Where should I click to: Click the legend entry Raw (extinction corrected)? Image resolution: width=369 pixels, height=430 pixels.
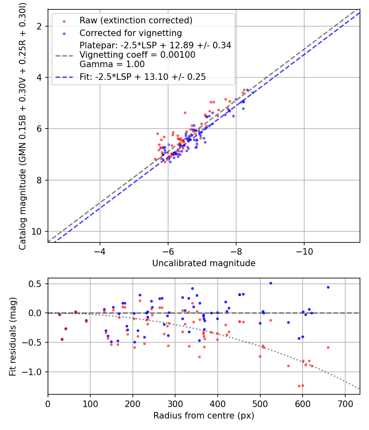click(136, 20)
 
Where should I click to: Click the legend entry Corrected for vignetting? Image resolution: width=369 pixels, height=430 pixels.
click(130, 33)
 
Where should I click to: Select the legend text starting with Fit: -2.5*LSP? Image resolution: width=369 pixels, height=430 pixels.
click(143, 77)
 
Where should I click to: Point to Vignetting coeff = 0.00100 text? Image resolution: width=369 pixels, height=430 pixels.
click(137, 55)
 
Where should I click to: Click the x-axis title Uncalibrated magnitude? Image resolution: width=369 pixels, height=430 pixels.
click(204, 263)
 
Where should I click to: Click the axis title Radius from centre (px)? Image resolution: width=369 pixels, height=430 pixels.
click(204, 416)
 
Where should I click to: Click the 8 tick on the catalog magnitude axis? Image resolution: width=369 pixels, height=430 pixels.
click(41, 180)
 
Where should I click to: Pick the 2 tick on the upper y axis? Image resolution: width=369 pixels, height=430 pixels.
click(41, 26)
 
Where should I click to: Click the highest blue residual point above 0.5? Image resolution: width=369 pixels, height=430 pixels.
click(271, 283)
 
